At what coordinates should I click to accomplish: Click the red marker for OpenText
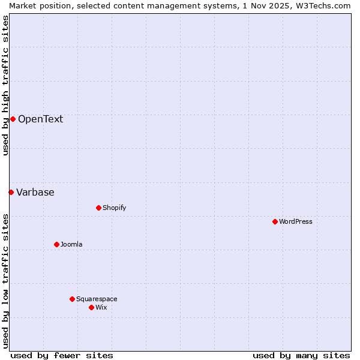13,119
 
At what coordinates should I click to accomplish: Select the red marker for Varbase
11,192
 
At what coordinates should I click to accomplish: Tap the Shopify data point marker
98,208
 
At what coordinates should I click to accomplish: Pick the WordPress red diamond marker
275,221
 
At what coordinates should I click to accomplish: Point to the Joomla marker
56,244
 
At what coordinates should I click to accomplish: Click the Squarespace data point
72,299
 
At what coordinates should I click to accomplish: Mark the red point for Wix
91,307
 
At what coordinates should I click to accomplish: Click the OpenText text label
40,119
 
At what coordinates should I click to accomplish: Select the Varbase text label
35,192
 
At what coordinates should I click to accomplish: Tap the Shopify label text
114,208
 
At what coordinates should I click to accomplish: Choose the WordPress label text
295,221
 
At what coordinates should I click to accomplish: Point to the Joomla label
71,244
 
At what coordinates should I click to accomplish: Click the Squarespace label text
97,299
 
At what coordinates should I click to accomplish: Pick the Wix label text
101,307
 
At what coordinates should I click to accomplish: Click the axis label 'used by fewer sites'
62,355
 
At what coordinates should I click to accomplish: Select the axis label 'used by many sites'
301,355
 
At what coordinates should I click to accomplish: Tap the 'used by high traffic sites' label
5,85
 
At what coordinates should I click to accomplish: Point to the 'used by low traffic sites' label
5,281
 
